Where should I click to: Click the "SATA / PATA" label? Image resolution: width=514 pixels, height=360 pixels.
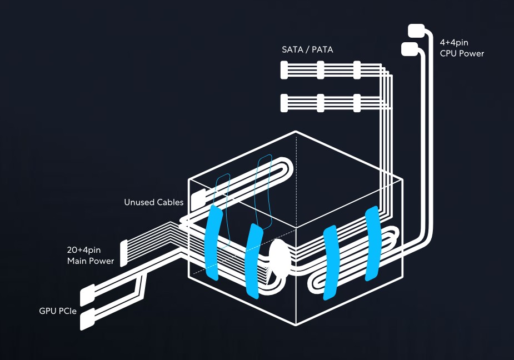[x=307, y=49]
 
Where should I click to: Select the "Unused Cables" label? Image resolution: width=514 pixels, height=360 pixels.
[x=153, y=202]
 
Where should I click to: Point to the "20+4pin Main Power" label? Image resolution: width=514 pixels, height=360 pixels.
[x=91, y=256]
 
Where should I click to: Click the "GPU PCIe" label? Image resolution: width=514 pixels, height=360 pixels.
[x=58, y=311]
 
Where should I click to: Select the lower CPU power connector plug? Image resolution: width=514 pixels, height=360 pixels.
[x=410, y=49]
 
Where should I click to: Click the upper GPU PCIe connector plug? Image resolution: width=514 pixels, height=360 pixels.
[x=88, y=295]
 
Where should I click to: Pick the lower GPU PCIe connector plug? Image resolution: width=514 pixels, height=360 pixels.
[x=88, y=320]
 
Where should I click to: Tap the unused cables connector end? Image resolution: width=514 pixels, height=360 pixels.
[x=197, y=201]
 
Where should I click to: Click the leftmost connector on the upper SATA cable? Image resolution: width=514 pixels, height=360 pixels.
[x=285, y=70]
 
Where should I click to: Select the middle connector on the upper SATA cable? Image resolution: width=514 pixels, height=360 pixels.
[x=320, y=70]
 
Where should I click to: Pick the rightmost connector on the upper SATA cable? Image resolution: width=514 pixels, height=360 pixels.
[x=357, y=70]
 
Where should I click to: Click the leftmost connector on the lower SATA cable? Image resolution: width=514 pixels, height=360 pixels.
[x=285, y=103]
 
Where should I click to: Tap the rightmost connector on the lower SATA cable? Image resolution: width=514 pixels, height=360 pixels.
[x=357, y=103]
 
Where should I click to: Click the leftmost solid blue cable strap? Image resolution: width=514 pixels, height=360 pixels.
[x=212, y=242]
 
